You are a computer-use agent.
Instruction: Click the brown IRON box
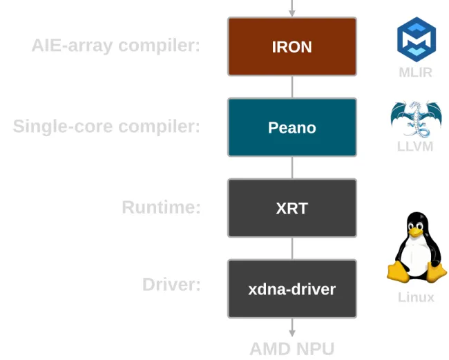[x=292, y=47]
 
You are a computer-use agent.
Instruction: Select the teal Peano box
[x=292, y=128]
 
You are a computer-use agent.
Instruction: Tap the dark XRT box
[x=292, y=208]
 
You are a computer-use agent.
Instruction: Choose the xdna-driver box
[x=292, y=289]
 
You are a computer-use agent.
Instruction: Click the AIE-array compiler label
[x=115, y=46]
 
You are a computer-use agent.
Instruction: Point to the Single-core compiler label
[x=106, y=127]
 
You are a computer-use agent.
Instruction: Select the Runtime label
[x=161, y=207]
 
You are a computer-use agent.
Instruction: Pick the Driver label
[x=171, y=285]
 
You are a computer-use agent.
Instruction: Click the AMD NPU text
[x=292, y=348]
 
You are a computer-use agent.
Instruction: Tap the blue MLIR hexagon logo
[x=416, y=38]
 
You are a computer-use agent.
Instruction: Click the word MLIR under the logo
[x=415, y=73]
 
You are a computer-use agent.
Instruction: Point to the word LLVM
[x=415, y=146]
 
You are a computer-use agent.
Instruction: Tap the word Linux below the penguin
[x=416, y=298]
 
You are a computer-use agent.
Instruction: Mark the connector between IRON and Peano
[x=292, y=87]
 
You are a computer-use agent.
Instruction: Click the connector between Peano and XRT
[x=292, y=168]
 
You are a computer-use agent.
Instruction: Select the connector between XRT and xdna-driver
[x=292, y=249]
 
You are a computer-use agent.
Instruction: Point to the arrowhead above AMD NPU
[x=292, y=333]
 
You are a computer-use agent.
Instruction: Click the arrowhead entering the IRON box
[x=292, y=12]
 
